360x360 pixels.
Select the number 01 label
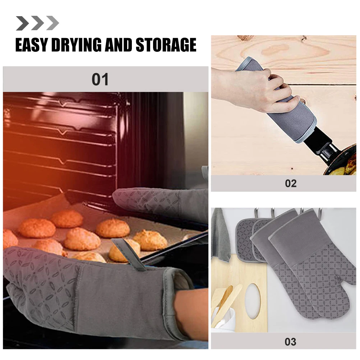tap(100, 79)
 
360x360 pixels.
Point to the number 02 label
tap(291, 183)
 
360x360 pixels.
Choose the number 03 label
tap(290, 341)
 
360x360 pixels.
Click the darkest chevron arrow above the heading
tap(22, 23)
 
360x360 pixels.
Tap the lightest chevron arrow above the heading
tap(52, 23)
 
